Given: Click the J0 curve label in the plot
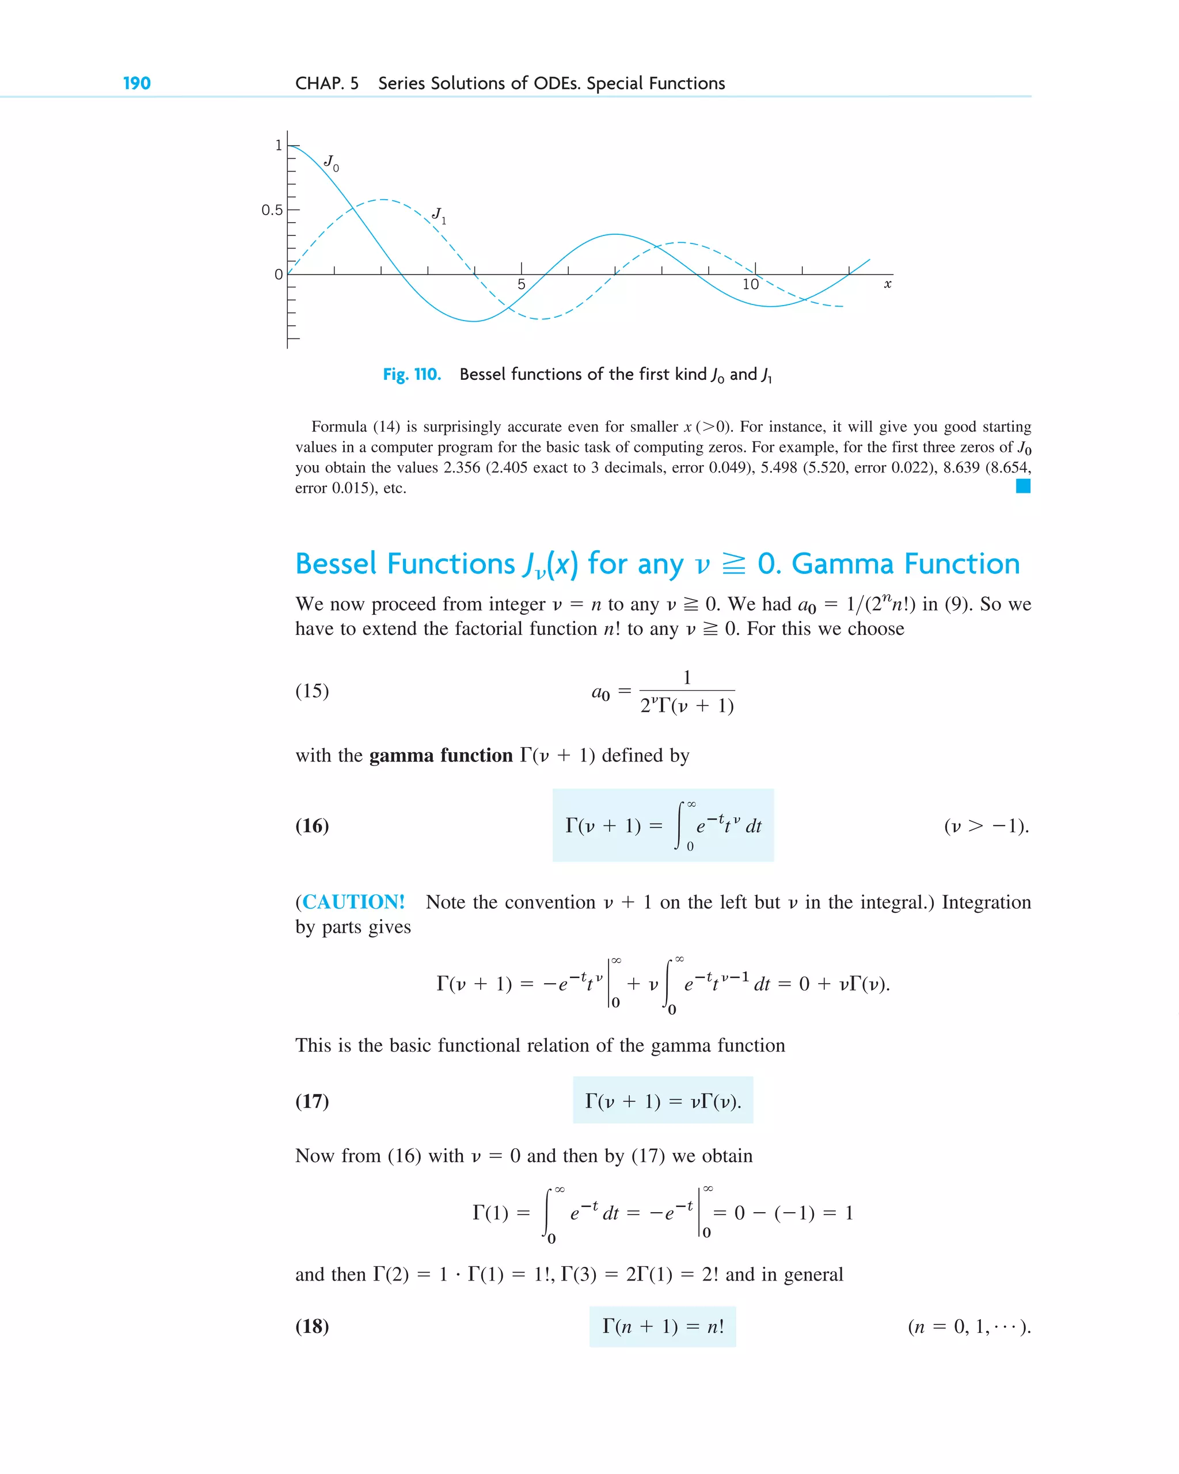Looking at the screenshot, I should click(331, 163).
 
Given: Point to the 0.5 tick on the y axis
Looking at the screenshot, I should click(272, 210).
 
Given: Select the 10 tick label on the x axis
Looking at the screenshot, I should click(750, 284).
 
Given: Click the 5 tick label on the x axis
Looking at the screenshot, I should click(521, 284).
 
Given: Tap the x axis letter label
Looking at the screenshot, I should click(887, 284).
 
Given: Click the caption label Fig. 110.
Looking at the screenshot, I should click(412, 375).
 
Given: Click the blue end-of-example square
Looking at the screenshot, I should click(1022, 486).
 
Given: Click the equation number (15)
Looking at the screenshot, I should click(312, 691).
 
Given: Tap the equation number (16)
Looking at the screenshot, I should click(312, 826).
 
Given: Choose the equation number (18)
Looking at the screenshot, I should click(312, 1326).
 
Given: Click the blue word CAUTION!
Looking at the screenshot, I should click(353, 902).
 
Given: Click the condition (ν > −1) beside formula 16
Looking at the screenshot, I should click(986, 826).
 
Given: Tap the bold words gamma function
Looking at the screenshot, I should click(440, 756).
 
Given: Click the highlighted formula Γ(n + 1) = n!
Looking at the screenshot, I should click(662, 1326).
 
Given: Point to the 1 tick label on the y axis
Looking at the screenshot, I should click(278, 146).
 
